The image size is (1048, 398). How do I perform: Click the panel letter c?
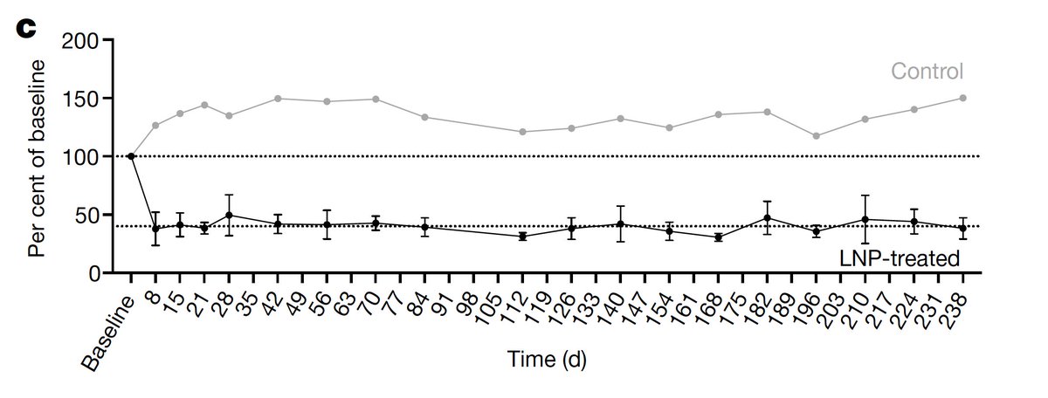click(x=25, y=29)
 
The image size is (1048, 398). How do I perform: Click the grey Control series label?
click(x=927, y=72)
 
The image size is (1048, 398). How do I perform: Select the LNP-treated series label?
click(x=900, y=258)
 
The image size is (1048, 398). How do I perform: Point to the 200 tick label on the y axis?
click(x=80, y=41)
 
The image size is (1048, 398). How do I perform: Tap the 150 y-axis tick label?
click(x=80, y=99)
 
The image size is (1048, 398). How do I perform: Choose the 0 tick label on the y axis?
click(x=94, y=273)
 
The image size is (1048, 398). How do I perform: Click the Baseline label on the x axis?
click(x=107, y=333)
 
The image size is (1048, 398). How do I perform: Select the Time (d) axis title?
click(x=547, y=360)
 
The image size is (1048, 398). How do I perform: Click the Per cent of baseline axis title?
click(x=37, y=159)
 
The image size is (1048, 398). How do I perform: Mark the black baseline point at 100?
click(x=131, y=156)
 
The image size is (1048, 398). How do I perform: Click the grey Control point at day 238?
click(x=962, y=99)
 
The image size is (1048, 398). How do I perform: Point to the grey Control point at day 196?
click(x=817, y=136)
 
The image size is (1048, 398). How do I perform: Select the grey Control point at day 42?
click(x=278, y=99)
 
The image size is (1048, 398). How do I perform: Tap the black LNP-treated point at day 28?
click(x=229, y=215)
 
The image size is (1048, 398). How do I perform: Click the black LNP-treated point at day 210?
click(x=865, y=219)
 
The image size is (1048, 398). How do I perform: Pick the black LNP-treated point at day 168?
click(x=719, y=237)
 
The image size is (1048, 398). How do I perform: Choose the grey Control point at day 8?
click(x=155, y=126)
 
